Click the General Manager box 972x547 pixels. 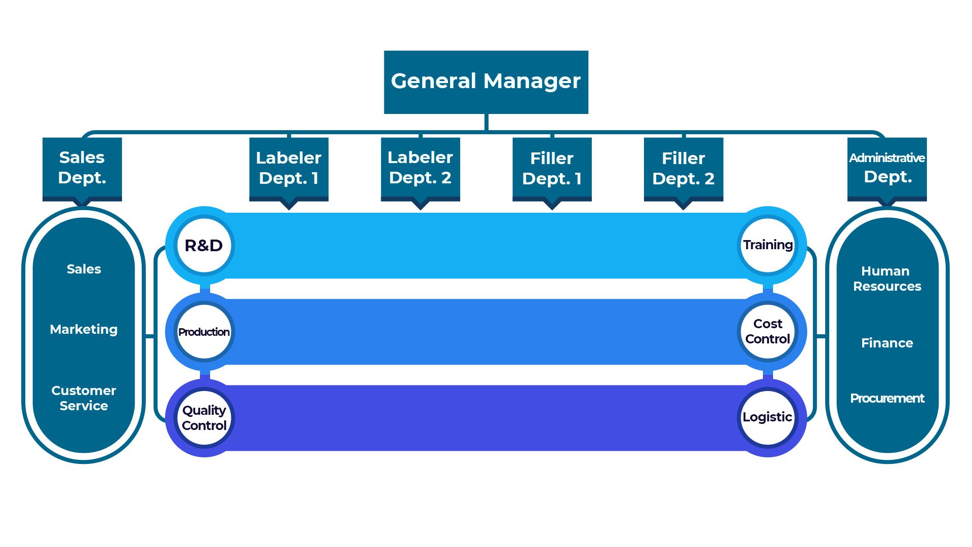(x=486, y=82)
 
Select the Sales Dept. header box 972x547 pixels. (x=82, y=168)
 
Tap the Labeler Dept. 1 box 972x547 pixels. (x=289, y=168)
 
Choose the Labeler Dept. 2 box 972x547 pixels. (x=420, y=168)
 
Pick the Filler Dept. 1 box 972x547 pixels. (x=552, y=168)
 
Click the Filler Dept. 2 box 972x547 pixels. (x=683, y=168)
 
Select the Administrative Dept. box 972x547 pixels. (x=887, y=168)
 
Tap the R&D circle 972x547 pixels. (x=204, y=246)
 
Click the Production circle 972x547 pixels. (x=204, y=332)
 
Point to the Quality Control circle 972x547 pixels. (x=204, y=418)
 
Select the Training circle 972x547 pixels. (x=768, y=246)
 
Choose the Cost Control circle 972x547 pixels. (x=768, y=332)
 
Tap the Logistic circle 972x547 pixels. (x=768, y=418)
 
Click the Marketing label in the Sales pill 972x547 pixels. (x=84, y=330)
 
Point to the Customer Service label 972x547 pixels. (x=84, y=398)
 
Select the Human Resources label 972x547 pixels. (x=887, y=279)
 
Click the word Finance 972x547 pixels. (x=887, y=343)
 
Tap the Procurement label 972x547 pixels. (x=887, y=399)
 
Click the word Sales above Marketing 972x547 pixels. (x=84, y=269)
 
